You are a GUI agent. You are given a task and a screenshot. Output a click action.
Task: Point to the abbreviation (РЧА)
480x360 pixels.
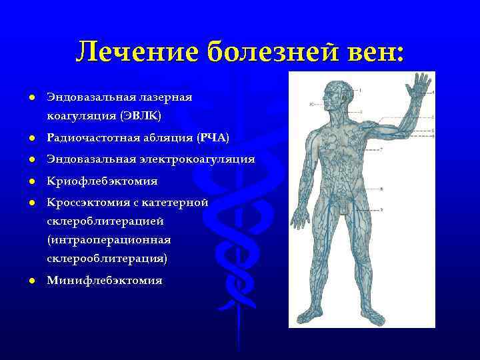click(x=213, y=138)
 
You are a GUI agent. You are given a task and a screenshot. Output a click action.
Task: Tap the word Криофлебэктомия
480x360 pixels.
click(x=102, y=181)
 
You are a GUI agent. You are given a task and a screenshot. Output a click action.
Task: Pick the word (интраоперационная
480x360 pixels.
click(x=109, y=239)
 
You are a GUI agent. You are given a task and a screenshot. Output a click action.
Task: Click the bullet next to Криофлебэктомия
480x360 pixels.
click(x=31, y=181)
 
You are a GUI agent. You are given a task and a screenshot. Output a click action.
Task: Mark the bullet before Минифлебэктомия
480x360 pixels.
click(x=31, y=281)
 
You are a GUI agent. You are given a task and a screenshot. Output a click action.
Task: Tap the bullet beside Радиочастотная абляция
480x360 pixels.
click(x=31, y=139)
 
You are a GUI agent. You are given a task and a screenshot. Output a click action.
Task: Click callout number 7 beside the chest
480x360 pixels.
click(x=381, y=149)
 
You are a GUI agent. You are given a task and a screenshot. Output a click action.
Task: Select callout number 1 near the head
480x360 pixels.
click(x=361, y=89)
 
